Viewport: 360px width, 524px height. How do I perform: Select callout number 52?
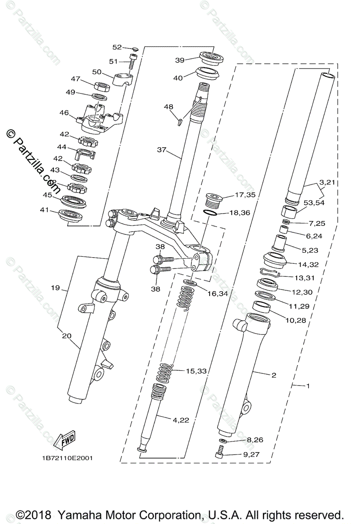point(118,47)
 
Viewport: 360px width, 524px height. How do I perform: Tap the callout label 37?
point(162,149)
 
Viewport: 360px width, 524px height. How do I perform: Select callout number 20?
point(67,335)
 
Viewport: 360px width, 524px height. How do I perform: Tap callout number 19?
point(55,288)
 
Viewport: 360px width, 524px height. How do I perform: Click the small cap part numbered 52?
point(135,48)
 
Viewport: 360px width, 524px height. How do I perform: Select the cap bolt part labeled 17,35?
point(214,201)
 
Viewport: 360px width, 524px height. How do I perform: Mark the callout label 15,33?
point(196,371)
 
